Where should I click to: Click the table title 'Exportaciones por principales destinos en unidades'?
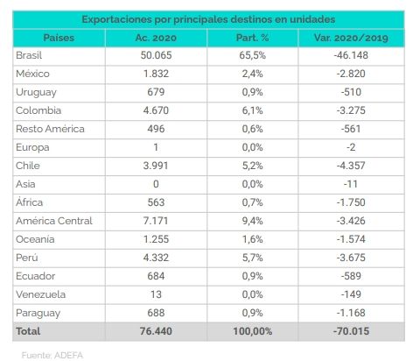pyautogui.click(x=208, y=19)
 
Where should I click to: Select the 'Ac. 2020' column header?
pyautogui.click(x=156, y=38)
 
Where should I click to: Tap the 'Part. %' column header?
pyautogui.click(x=252, y=38)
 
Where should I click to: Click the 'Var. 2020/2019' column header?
pyautogui.click(x=351, y=38)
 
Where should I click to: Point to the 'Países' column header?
pyautogui.click(x=59, y=38)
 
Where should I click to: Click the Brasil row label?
pyautogui.click(x=29, y=55)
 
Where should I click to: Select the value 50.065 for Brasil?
pyautogui.click(x=156, y=55)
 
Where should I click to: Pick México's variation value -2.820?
pyautogui.click(x=351, y=74)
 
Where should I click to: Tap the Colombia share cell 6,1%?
pyautogui.click(x=252, y=110)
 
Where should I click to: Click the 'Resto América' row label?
pyautogui.click(x=50, y=129)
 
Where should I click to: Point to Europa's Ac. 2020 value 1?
pyautogui.click(x=156, y=147)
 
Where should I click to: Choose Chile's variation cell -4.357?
pyautogui.click(x=351, y=166)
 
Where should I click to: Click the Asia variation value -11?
pyautogui.click(x=351, y=184)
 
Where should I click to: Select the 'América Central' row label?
pyautogui.click(x=54, y=221)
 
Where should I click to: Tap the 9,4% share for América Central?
pyautogui.click(x=252, y=221)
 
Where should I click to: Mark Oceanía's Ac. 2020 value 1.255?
pyautogui.click(x=156, y=239)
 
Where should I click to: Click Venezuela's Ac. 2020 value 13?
pyautogui.click(x=156, y=294)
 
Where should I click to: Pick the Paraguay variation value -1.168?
pyautogui.click(x=351, y=313)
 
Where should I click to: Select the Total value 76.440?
pyautogui.click(x=156, y=331)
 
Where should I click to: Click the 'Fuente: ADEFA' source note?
pyautogui.click(x=52, y=355)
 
